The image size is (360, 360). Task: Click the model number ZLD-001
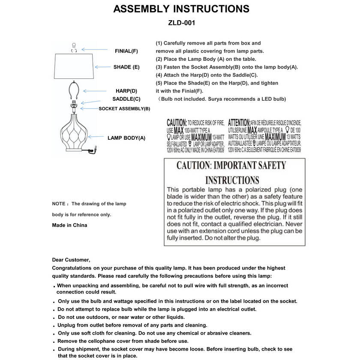tap(182, 23)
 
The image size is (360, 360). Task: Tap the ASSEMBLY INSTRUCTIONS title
tap(181, 9)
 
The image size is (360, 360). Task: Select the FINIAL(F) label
tap(126, 51)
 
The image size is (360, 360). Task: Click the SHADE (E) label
tap(126, 67)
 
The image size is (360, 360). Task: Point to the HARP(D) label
tap(126, 91)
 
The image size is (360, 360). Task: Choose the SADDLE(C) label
tap(126, 99)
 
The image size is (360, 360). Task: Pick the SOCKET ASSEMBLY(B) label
tap(124, 108)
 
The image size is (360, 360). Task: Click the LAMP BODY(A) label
tap(126, 138)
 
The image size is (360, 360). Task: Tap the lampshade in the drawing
tap(75, 67)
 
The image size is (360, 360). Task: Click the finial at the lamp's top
tap(74, 47)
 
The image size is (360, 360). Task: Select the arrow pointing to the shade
tap(103, 67)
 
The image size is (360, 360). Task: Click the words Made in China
tap(69, 225)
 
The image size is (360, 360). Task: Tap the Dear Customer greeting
tap(71, 260)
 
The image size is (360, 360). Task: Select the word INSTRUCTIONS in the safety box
tap(232, 180)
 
